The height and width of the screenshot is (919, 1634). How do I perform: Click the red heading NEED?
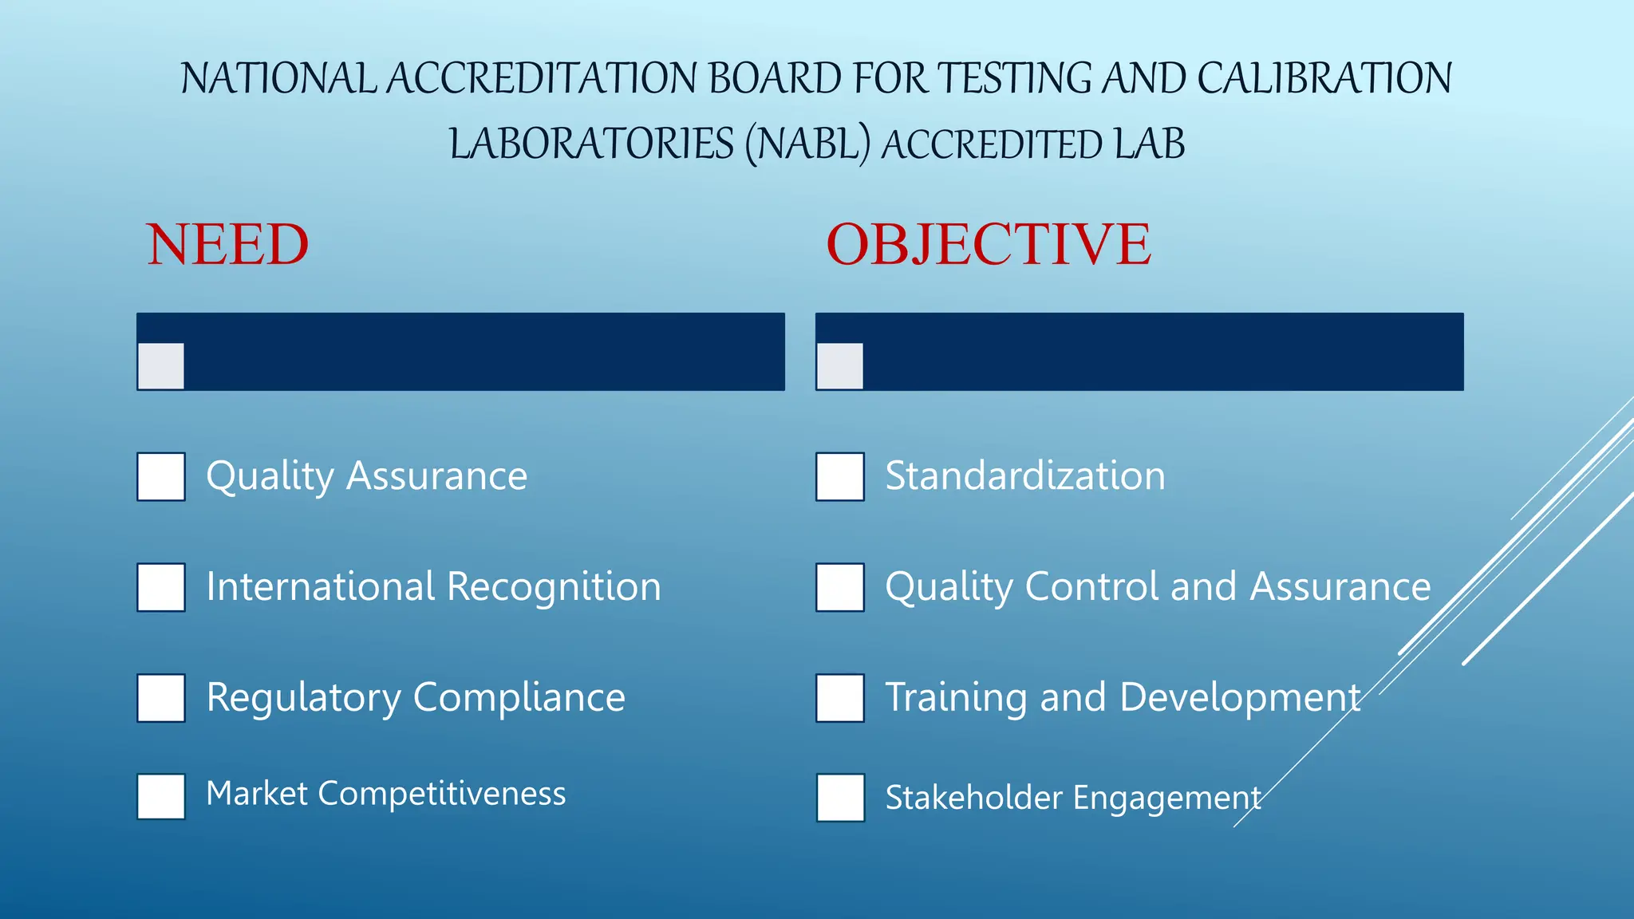(227, 244)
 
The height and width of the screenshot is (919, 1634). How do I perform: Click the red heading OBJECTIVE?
(988, 244)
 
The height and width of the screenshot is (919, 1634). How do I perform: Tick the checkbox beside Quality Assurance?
(161, 476)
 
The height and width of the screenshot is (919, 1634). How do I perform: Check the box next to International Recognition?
(161, 587)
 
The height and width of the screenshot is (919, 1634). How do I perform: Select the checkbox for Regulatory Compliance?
(161, 698)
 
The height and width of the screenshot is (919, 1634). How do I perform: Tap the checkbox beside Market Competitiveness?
(161, 796)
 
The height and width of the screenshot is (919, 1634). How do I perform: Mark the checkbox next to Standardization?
(840, 476)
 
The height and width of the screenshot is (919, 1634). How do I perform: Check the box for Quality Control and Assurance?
(840, 587)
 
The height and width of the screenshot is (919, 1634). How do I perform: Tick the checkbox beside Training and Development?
(840, 698)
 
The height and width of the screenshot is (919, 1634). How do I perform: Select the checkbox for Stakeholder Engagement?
(840, 797)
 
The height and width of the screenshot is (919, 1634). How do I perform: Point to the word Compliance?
(519, 697)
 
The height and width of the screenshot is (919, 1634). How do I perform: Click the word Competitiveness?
(442, 794)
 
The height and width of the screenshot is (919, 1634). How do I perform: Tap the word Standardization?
(1025, 476)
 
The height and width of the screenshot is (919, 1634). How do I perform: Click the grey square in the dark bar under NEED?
(161, 366)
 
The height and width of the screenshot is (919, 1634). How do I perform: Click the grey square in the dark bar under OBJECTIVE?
(840, 366)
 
